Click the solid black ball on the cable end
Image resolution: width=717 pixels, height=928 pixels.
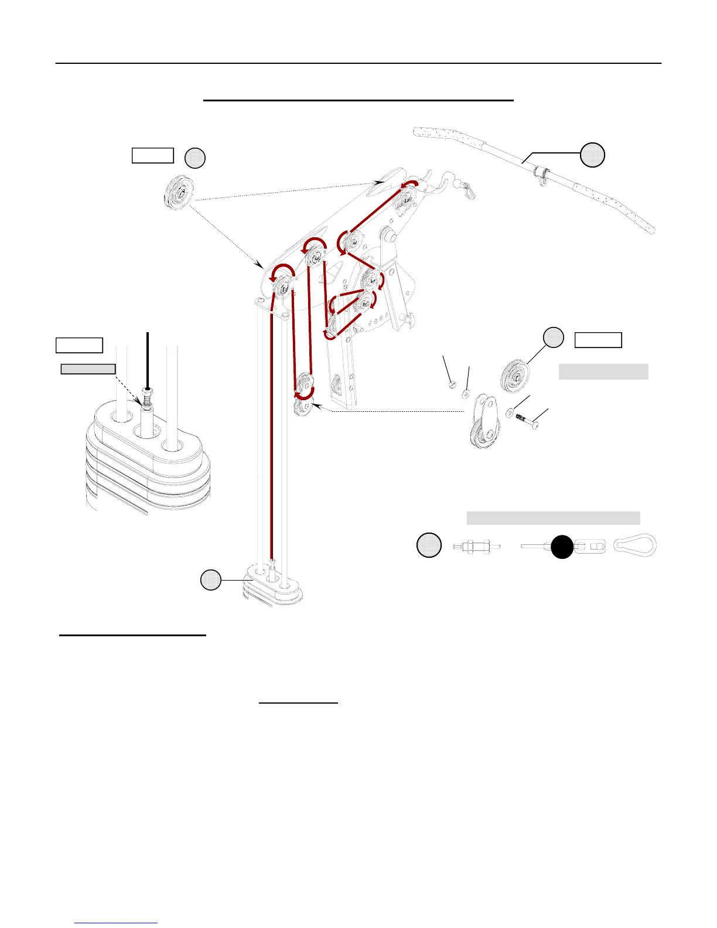point(562,547)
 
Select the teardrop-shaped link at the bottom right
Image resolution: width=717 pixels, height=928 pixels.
point(635,545)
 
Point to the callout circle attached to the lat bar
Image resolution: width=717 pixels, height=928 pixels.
point(592,155)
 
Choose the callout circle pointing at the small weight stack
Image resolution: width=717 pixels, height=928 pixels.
point(211,579)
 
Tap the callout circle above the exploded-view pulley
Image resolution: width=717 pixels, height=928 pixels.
point(553,337)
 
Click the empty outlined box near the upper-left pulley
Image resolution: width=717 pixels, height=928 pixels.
point(152,155)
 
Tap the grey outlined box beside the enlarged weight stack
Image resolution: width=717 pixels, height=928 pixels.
point(88,369)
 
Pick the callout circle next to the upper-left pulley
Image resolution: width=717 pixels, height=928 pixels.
point(195,158)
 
